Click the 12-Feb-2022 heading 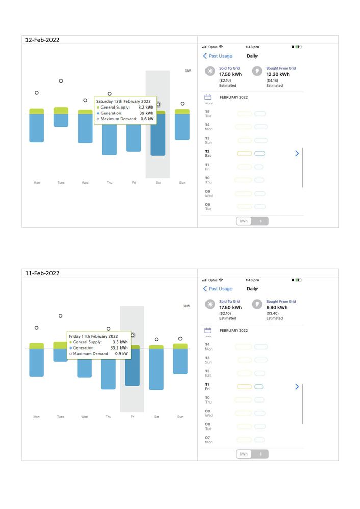pos(42,40)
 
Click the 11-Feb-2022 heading pos(42,273)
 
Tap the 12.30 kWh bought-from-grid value pos(278,74)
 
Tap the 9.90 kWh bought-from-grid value pos(277,308)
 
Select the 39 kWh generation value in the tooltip pos(147,113)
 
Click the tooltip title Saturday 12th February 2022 pos(123,101)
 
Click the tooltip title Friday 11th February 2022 pos(93,336)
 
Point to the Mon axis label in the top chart pos(37,183)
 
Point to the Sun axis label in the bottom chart pos(180,417)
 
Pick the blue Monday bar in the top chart pos(37,127)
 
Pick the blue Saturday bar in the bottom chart pos(156,369)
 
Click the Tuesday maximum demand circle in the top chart pos(61,81)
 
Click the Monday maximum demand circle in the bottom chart pos(36,328)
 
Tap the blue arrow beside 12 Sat pos(297,153)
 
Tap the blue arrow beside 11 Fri pos(297,387)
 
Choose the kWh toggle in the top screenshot pos(244,221)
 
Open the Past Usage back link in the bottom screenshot pos(218,289)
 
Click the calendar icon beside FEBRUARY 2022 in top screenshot pos(208,97)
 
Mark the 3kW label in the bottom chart pos(186,306)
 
